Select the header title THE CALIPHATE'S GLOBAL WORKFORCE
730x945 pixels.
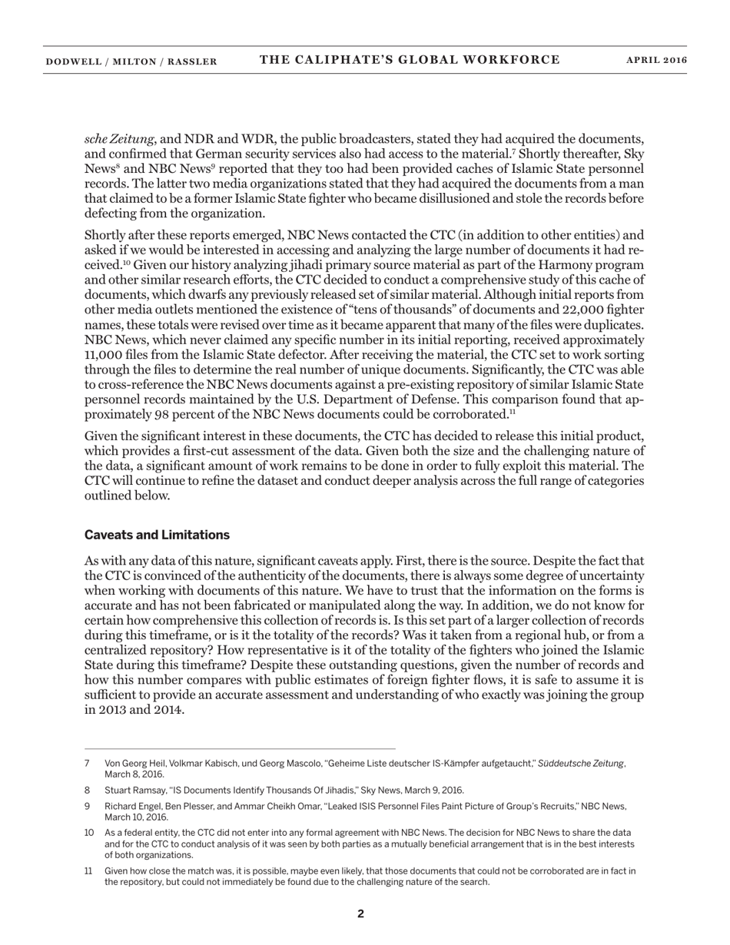click(x=410, y=60)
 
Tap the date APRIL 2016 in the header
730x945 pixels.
click(x=657, y=61)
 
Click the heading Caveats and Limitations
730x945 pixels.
click(x=157, y=535)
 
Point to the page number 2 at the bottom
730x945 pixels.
click(x=360, y=913)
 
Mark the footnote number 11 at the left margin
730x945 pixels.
click(x=88, y=871)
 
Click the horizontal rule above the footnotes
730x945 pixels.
click(x=240, y=748)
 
